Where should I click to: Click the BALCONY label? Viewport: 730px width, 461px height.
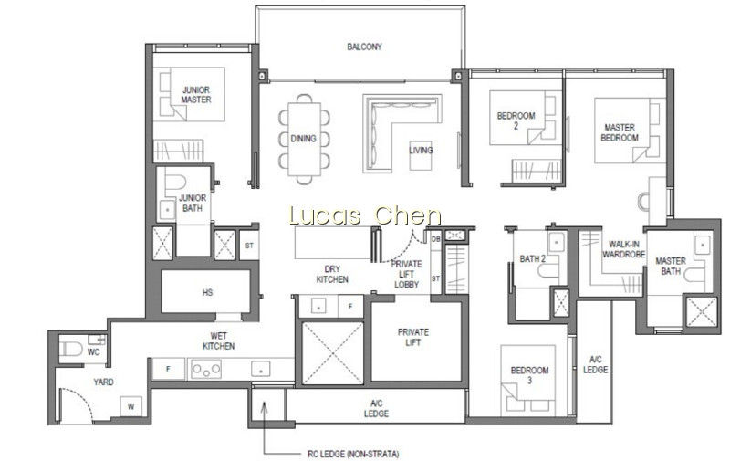click(364, 47)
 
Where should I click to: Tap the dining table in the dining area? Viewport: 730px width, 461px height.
click(304, 139)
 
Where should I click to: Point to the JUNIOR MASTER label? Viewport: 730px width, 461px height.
click(196, 95)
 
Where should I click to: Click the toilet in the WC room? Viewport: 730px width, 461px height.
click(70, 349)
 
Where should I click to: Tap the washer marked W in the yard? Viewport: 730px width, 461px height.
click(130, 406)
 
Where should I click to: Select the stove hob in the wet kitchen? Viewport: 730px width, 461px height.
click(206, 370)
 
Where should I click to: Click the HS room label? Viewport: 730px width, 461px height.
click(208, 292)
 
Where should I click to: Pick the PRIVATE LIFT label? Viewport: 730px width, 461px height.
click(413, 337)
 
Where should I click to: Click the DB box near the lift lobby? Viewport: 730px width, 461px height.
click(436, 239)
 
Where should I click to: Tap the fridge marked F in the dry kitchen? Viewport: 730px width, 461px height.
click(350, 307)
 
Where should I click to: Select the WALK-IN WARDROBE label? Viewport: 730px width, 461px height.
click(624, 249)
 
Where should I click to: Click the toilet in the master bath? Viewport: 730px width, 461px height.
click(694, 275)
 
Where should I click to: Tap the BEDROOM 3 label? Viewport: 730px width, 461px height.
click(529, 375)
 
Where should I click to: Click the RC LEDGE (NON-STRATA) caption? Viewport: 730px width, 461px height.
click(353, 454)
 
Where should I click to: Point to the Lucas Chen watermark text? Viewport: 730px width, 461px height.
click(365, 215)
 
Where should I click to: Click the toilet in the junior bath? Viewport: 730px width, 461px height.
click(175, 183)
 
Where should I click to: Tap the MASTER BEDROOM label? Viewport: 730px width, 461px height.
click(620, 132)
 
